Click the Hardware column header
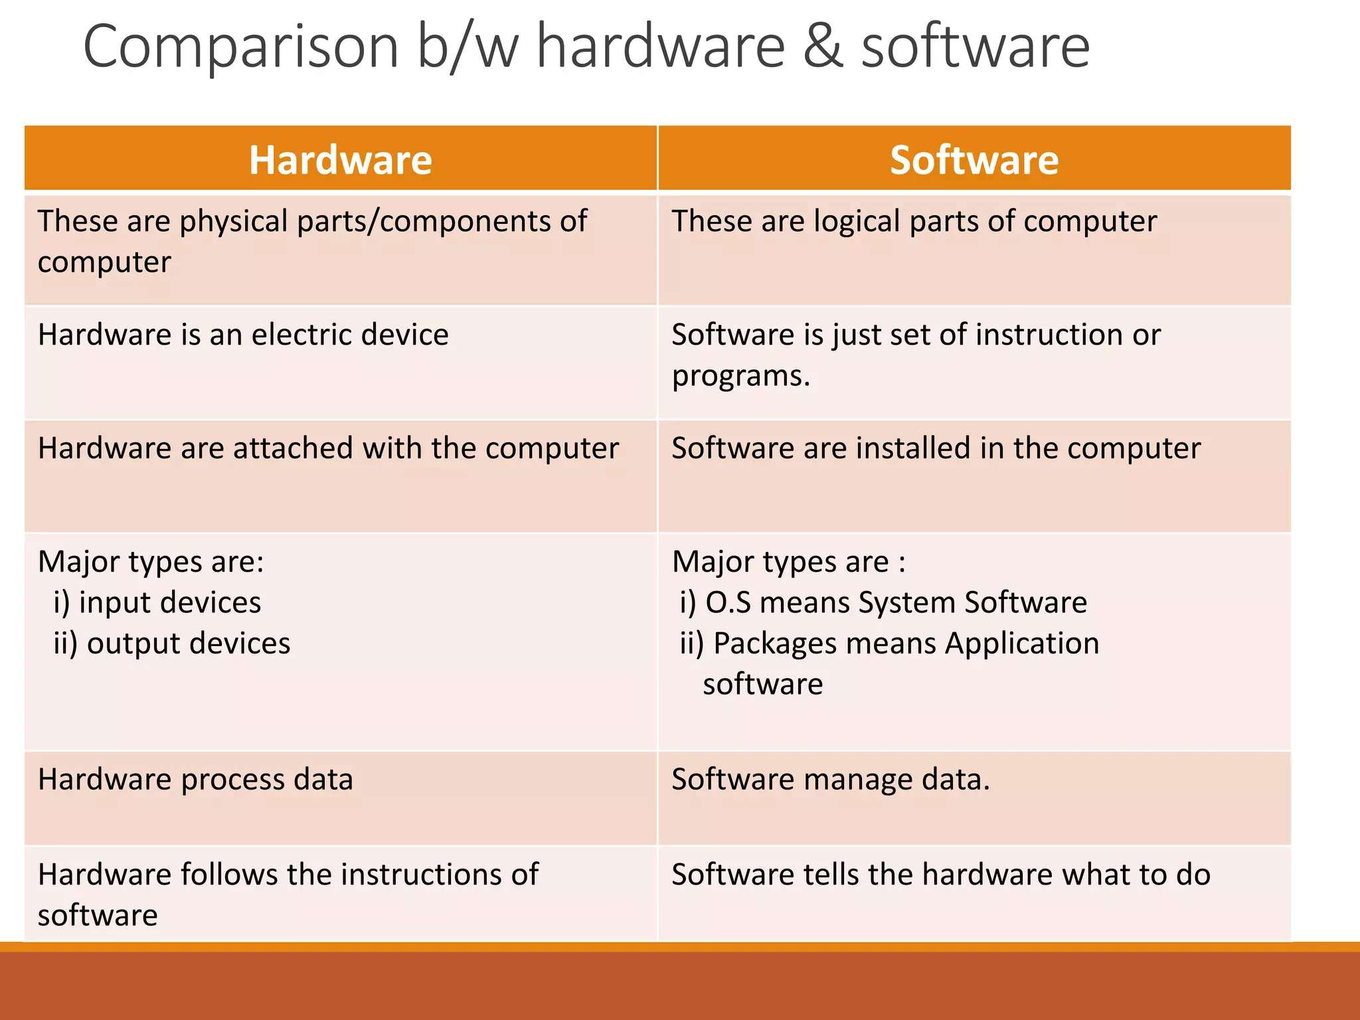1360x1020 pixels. pyautogui.click(x=340, y=160)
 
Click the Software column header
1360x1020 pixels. pyautogui.click(x=974, y=160)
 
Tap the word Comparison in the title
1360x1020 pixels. pyautogui.click(x=240, y=46)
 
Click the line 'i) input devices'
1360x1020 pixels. pyautogui.click(x=157, y=603)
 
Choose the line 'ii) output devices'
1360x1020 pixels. pyautogui.click(x=172, y=643)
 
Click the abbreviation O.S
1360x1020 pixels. pyautogui.click(x=728, y=603)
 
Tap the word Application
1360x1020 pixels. pyautogui.click(x=1022, y=643)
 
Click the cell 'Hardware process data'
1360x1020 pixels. pyautogui.click(x=195, y=780)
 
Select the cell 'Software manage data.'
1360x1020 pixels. pyautogui.click(x=830, y=780)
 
